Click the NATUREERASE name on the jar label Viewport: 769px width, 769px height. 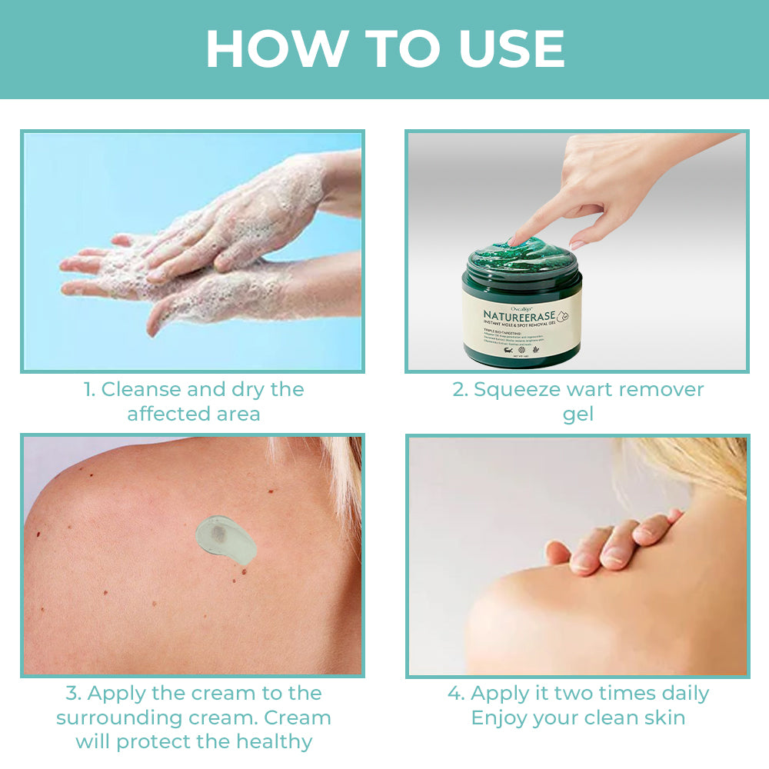tap(516, 315)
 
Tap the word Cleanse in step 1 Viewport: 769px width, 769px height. tap(141, 390)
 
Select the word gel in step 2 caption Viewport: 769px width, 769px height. tap(578, 415)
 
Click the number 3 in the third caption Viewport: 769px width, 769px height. tap(72, 693)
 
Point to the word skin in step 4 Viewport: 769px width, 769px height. tap(661, 717)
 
